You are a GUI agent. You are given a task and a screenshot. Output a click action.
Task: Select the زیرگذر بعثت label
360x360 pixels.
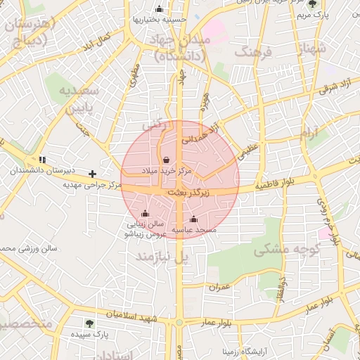[186, 191]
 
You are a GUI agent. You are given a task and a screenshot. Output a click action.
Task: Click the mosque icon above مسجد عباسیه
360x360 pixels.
[194, 219]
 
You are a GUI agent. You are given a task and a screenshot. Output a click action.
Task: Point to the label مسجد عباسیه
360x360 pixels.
[195, 230]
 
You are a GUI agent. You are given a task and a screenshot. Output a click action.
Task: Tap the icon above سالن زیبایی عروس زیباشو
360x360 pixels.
[146, 213]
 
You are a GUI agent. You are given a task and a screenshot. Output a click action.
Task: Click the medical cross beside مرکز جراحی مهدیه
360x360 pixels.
[92, 173]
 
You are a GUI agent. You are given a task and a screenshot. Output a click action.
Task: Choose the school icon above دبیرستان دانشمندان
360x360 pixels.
[42, 160]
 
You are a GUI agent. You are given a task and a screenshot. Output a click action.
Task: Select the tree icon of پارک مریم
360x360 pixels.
[312, 4]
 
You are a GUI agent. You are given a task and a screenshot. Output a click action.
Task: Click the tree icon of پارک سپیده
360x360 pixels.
[89, 323]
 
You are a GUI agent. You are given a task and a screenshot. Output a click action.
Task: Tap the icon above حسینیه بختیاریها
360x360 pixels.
[160, 9]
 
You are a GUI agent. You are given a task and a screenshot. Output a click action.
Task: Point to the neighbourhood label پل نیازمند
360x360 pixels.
[162, 257]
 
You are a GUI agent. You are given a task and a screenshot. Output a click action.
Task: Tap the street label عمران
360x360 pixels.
[219, 287]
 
